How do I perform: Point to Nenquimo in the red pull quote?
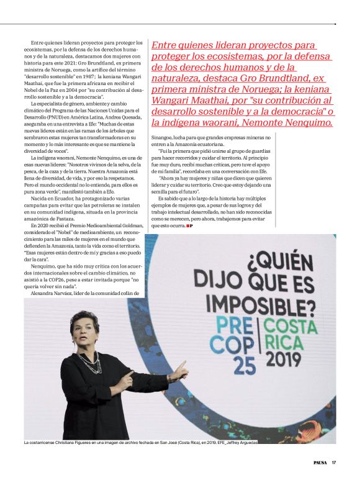click(x=304, y=122)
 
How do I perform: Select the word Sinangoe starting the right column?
click(x=163, y=135)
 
